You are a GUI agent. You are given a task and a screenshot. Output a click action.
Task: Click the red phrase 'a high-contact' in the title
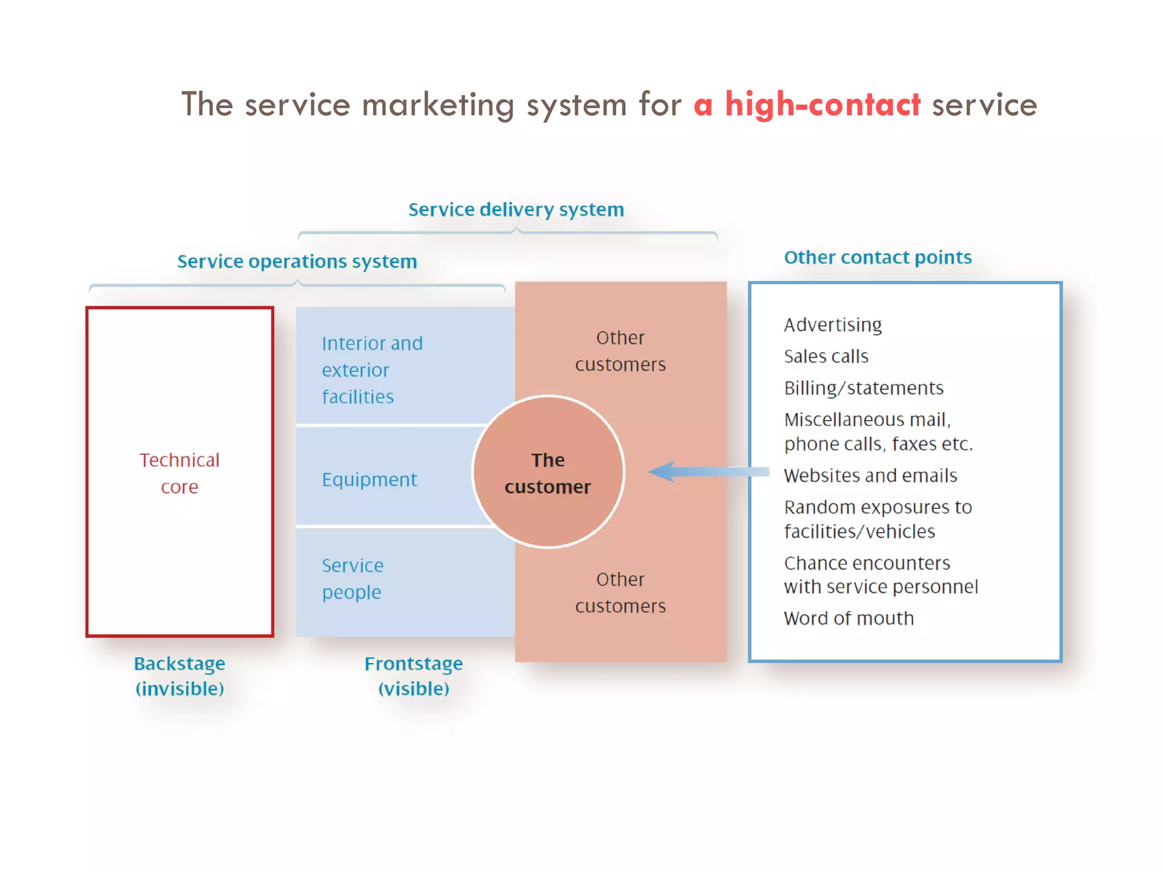[x=806, y=105]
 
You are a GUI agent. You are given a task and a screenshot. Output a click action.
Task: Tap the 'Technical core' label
[x=179, y=473]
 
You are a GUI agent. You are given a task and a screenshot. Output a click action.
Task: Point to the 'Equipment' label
[x=369, y=480]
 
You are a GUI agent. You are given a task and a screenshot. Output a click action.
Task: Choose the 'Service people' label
[x=353, y=578]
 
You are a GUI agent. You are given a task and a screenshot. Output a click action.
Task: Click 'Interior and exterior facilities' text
[x=371, y=370]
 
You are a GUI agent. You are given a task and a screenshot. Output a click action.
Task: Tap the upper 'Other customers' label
[x=620, y=351]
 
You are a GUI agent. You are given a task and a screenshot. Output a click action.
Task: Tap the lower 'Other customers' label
[x=620, y=593]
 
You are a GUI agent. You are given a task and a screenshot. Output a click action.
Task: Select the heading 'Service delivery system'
[x=516, y=209]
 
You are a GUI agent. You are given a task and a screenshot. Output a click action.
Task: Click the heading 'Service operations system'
[x=297, y=261]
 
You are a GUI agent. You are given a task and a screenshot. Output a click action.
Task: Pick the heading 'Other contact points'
[x=877, y=257]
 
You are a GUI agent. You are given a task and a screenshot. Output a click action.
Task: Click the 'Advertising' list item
[x=832, y=325]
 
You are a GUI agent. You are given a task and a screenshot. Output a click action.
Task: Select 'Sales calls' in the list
[x=826, y=357]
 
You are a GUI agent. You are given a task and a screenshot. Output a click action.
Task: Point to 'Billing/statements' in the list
[x=863, y=388]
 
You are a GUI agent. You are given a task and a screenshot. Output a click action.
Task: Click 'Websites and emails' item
[x=870, y=476]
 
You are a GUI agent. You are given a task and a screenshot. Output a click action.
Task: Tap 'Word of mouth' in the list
[x=848, y=618]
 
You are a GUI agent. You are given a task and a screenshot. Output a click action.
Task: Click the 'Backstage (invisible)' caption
[x=179, y=676]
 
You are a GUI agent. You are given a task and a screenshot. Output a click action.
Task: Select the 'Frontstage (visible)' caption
[x=413, y=676]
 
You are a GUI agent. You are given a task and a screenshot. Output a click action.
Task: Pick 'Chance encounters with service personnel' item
[x=880, y=575]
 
